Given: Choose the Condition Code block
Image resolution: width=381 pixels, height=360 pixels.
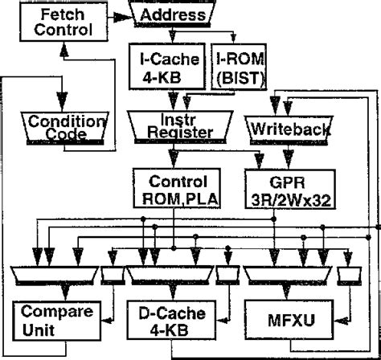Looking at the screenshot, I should tap(55, 127).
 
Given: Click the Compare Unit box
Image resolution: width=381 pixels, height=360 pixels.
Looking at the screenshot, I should tap(50, 320).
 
